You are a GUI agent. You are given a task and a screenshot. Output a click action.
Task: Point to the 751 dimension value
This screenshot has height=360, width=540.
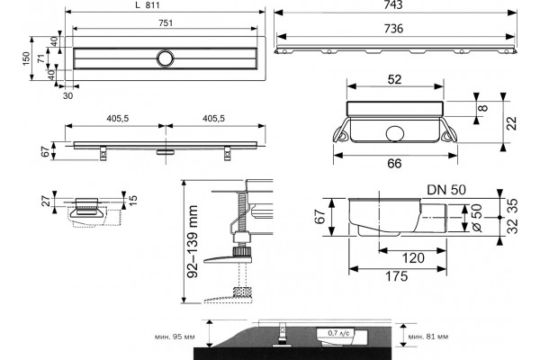click(166, 23)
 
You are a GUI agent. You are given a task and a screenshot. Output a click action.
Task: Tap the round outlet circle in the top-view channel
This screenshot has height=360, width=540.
click(166, 58)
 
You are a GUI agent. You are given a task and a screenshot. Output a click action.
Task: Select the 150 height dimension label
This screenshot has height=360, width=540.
click(26, 58)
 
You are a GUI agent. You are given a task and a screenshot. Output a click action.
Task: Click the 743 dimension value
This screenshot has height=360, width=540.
click(393, 4)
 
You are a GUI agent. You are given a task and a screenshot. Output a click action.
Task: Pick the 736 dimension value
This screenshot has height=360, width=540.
click(393, 29)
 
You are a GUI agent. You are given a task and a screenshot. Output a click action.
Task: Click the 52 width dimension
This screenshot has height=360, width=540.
click(395, 79)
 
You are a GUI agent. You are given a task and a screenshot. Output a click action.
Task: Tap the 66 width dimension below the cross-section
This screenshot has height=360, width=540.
click(394, 163)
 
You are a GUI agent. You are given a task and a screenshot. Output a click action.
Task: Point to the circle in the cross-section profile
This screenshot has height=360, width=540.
click(395, 134)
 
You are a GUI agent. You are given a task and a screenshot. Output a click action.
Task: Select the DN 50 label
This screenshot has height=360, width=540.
click(446, 190)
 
